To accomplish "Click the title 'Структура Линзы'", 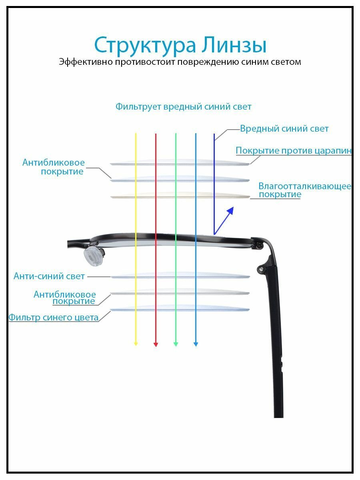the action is [180, 45].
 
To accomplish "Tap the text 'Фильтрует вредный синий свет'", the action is [183, 107].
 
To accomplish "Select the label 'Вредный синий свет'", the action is [284, 129].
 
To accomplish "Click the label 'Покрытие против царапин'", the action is [294, 151].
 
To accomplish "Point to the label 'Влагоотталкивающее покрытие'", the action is [304, 190].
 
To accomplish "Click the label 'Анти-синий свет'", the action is [49, 276].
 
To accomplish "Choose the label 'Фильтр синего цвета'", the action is [54, 318].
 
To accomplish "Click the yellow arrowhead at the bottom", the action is [136, 344].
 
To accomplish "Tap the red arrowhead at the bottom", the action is [156, 344].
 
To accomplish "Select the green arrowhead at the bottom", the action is [176, 344].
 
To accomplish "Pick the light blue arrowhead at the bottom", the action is [196, 344].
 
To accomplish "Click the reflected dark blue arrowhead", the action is [230, 210].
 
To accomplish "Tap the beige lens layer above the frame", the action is [180, 196].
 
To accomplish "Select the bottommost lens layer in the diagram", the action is [180, 309].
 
